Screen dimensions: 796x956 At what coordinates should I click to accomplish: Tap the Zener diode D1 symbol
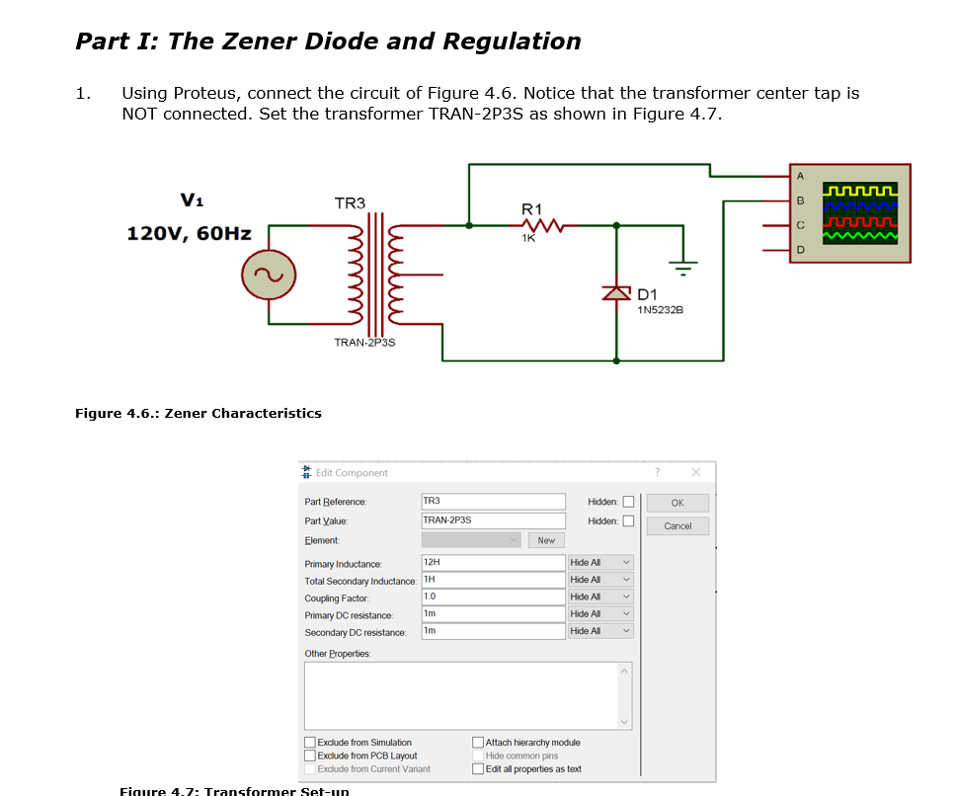pos(617,292)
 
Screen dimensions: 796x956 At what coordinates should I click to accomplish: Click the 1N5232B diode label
pos(661,311)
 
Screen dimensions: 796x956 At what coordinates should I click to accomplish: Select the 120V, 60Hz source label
pos(189,234)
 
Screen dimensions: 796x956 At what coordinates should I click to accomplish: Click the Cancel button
pos(677,526)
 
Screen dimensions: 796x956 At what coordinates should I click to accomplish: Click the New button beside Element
pos(546,540)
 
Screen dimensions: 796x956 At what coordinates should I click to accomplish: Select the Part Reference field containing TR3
pos(493,502)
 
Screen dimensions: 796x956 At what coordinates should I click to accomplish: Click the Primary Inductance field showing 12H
pos(493,562)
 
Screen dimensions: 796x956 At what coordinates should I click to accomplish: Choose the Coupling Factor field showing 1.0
pos(493,597)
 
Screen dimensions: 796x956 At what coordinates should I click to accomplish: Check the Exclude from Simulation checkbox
pos(310,743)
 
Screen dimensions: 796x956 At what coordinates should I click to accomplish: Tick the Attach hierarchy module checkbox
pos(479,743)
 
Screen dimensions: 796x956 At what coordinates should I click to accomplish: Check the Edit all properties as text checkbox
pos(479,769)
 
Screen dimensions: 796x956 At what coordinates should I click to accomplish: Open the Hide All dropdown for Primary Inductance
pos(600,562)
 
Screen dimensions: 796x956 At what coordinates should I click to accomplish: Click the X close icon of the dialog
pos(696,472)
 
